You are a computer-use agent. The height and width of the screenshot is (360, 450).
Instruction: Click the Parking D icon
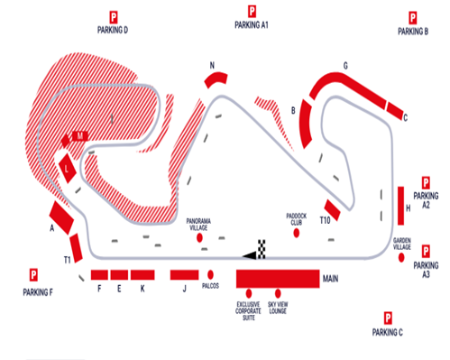coord(114,16)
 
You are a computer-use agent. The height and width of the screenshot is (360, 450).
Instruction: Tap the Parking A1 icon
coord(252,12)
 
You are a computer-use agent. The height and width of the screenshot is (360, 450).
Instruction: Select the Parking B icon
coord(412,17)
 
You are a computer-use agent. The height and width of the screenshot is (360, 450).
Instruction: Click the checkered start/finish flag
coord(262,246)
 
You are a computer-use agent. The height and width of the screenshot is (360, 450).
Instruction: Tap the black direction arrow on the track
coord(249,256)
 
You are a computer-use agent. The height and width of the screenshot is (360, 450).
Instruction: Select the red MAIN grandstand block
coord(277,278)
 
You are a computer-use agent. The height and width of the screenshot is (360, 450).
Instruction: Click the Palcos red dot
coord(210,273)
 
